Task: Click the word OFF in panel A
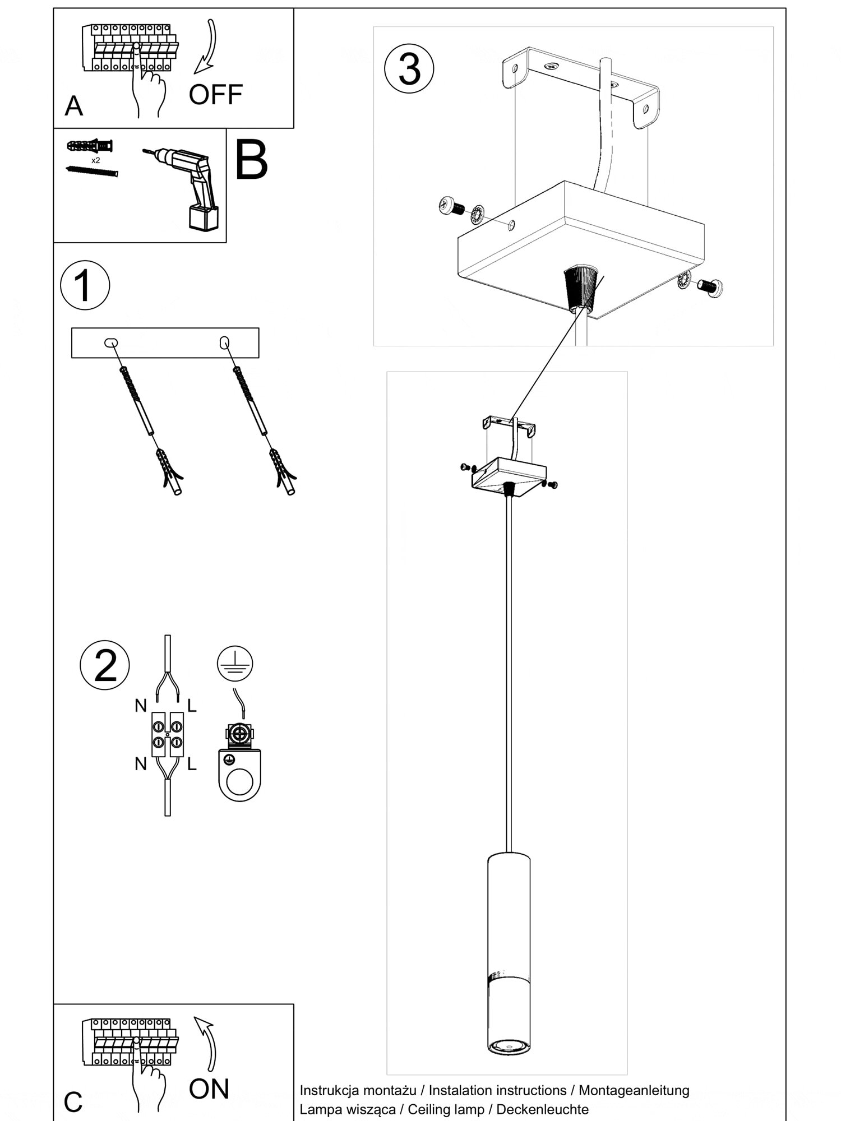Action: click(x=215, y=95)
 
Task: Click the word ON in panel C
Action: click(x=209, y=1088)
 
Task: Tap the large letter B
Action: click(x=251, y=160)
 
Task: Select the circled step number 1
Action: click(x=85, y=285)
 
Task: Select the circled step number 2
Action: click(x=105, y=666)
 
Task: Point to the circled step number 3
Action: click(x=409, y=70)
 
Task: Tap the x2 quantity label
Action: click(x=96, y=160)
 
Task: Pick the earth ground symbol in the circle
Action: click(x=235, y=664)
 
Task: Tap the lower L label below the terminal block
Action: click(x=192, y=764)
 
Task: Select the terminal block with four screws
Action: click(x=167, y=734)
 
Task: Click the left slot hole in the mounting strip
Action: click(x=110, y=342)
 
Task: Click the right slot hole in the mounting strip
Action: click(x=224, y=341)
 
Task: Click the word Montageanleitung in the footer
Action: click(x=634, y=1090)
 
